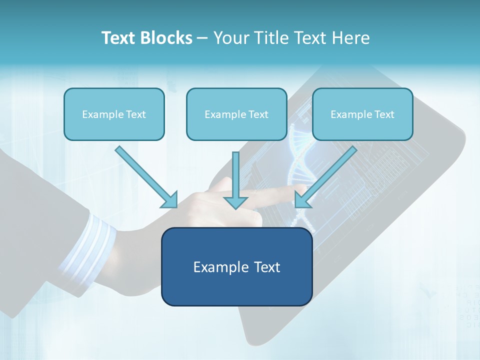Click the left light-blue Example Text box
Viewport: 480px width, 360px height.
(114, 114)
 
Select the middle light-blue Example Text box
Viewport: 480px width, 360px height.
(236, 114)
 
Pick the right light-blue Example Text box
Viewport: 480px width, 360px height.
(362, 114)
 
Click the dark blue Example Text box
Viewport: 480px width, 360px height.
(236, 266)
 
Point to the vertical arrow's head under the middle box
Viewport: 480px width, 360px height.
(235, 202)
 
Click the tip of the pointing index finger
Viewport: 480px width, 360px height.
(303, 189)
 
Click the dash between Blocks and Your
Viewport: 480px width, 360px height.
(202, 38)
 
